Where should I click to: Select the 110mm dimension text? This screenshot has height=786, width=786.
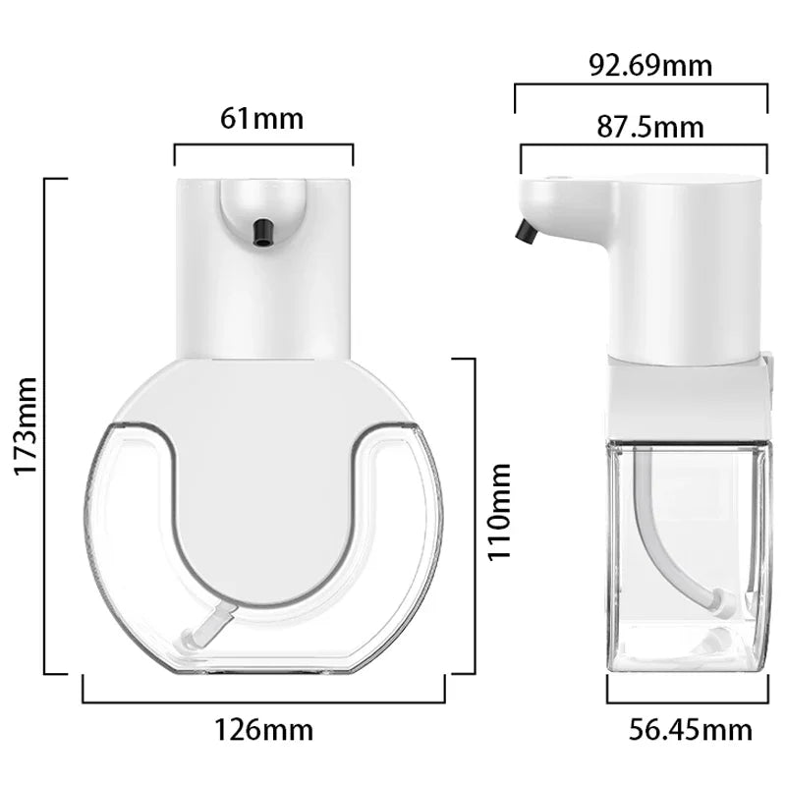(500, 511)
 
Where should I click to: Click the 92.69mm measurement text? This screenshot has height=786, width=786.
(650, 66)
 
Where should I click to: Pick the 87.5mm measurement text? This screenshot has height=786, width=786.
(650, 127)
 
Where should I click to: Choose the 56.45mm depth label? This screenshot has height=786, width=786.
(691, 730)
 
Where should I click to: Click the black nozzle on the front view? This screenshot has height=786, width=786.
(262, 230)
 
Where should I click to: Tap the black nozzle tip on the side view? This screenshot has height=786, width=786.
(526, 232)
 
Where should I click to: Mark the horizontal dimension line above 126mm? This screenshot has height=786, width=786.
(263, 702)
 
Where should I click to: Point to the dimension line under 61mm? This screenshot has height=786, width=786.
(263, 145)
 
